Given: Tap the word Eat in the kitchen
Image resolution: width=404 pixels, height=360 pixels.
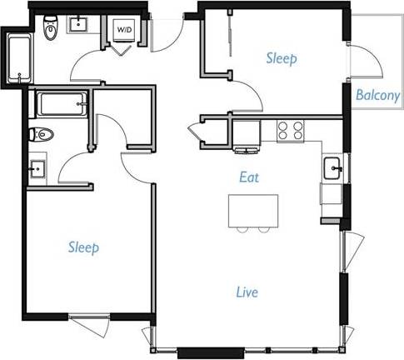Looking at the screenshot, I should tap(249, 177).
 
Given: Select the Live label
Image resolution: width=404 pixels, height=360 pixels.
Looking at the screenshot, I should tap(247, 292).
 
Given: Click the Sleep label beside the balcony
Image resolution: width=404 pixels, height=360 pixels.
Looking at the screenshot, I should tap(282, 58).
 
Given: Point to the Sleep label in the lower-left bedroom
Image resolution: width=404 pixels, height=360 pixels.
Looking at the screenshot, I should tap(83, 247).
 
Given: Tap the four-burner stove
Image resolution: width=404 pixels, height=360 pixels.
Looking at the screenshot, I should tap(289, 130).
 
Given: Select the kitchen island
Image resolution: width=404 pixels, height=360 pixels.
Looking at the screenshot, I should tap(253, 209).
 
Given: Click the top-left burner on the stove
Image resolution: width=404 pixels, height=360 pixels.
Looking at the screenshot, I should tap(282, 125).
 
